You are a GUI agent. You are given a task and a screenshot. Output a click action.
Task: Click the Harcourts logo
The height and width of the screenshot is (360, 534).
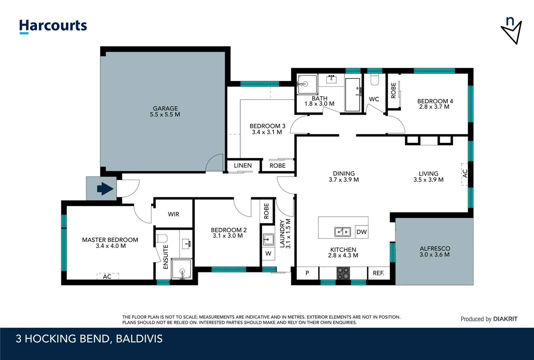click(53, 26)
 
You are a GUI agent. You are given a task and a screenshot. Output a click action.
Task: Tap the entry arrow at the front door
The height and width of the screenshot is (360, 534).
click(105, 189)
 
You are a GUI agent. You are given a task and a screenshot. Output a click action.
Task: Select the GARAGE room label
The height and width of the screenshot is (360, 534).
click(165, 109)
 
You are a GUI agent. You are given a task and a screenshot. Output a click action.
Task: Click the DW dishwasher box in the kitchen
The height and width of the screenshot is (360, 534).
click(361, 232)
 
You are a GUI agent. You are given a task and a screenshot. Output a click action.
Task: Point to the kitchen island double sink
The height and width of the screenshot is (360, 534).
click(342, 232)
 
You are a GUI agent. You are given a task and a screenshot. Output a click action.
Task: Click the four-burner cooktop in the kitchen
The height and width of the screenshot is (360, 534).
click(343, 273)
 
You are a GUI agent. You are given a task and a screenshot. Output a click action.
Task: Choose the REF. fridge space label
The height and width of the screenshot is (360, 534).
click(378, 273)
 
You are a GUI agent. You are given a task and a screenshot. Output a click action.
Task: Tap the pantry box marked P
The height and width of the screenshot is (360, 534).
click(307, 273)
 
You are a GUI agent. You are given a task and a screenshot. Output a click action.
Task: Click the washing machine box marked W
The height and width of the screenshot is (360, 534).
click(268, 254)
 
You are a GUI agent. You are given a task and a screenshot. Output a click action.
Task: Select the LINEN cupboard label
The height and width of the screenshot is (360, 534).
click(243, 166)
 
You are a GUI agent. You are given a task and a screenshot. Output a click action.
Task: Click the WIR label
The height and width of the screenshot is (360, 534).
click(173, 214)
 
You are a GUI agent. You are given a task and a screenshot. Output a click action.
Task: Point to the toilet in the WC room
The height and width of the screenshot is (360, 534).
click(374, 79)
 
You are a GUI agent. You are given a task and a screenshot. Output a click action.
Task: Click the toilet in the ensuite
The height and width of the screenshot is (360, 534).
click(162, 238)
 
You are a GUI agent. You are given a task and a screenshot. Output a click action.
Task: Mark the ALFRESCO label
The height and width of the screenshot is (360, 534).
click(435, 249)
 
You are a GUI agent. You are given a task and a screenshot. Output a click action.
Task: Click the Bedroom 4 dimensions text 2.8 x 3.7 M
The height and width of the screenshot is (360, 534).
click(434, 107)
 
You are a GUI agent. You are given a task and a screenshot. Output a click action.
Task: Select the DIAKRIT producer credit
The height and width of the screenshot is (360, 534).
click(505, 319)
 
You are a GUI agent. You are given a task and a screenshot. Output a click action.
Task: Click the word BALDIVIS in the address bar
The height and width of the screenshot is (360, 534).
click(139, 339)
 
